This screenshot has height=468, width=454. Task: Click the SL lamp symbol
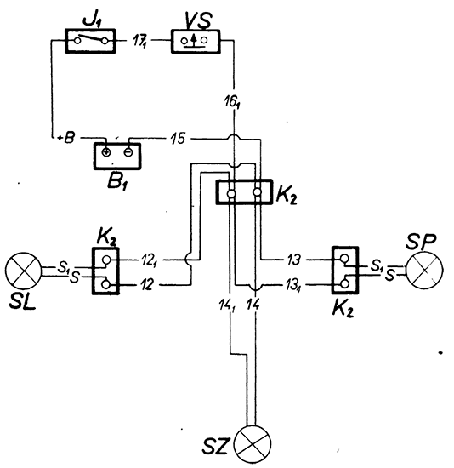click(23, 270)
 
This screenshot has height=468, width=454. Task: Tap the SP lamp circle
click(424, 270)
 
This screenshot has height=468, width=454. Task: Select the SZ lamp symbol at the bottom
click(253, 443)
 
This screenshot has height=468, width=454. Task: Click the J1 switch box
click(90, 41)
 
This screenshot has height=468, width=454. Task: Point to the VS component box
click(196, 41)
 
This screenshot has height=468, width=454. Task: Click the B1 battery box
click(117, 156)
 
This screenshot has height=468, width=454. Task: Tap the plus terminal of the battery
click(106, 152)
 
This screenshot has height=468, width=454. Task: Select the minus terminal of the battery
click(128, 152)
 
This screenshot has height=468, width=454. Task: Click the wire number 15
click(178, 139)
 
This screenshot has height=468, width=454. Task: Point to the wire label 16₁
click(233, 102)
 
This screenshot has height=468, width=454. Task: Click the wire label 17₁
click(139, 41)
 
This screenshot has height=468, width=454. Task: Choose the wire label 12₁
click(150, 260)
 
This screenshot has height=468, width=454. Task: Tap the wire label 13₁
click(294, 285)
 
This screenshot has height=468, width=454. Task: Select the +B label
click(66, 138)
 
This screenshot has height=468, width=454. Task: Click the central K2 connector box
click(244, 192)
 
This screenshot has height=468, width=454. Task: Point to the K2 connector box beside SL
click(105, 271)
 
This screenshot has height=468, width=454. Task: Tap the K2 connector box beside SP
click(345, 270)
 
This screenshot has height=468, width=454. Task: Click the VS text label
click(198, 20)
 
